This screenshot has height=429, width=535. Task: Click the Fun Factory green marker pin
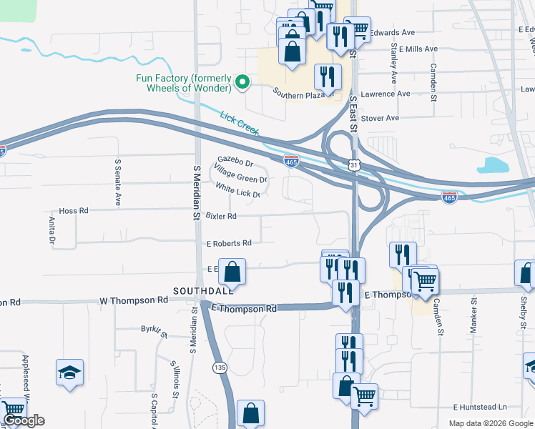(242, 83)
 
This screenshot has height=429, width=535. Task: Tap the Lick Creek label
(239, 124)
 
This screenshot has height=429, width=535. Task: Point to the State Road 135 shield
(220, 367)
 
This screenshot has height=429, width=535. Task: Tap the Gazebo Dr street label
(235, 163)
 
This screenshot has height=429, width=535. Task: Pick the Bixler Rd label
(220, 215)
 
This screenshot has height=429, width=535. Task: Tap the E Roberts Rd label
(229, 243)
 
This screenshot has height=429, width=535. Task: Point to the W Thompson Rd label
(134, 300)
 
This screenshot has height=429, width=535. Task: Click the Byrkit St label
(154, 333)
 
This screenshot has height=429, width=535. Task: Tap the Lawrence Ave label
(386, 94)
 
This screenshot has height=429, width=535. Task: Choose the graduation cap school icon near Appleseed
(70, 373)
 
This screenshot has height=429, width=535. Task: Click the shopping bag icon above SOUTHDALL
(232, 272)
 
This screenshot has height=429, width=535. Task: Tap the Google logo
(24, 420)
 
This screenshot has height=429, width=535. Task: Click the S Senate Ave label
(118, 183)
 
